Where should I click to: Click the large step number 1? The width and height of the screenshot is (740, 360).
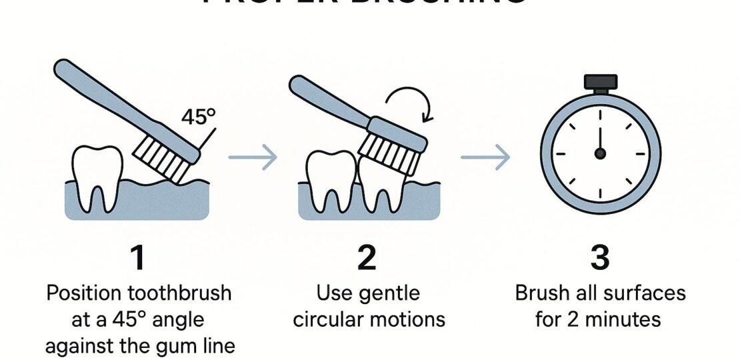tap(137, 257)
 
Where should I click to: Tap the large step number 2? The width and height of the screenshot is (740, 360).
tap(367, 257)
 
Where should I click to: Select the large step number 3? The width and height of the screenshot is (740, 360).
tap(599, 257)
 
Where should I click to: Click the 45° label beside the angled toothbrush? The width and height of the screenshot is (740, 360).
tap(198, 118)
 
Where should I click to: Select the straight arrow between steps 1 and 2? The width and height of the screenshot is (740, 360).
tap(252, 158)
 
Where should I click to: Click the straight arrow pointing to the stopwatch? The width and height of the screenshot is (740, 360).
tap(485, 158)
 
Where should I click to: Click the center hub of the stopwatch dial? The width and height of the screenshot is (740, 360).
tap(599, 153)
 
